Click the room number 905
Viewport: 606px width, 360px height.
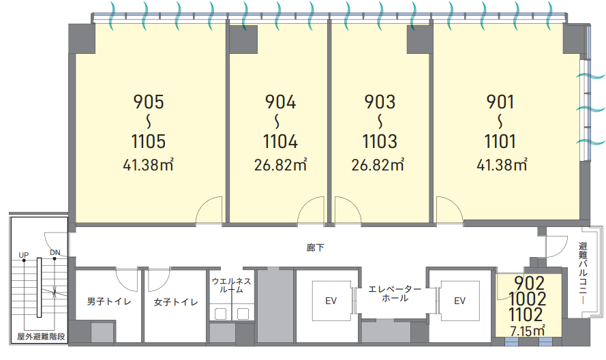[149, 102]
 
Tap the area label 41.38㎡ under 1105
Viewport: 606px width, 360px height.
[149, 165]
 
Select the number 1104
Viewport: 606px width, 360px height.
[281, 141]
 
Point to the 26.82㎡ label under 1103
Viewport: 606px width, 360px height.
[378, 165]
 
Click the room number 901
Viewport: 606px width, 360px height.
[500, 102]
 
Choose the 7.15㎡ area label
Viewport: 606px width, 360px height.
[528, 331]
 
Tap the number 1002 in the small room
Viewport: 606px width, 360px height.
[527, 299]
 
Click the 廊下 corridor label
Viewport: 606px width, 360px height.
[316, 248]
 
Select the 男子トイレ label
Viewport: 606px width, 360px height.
[109, 301]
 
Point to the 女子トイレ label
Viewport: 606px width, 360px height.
[176, 302]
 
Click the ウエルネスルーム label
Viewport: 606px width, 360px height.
[232, 286]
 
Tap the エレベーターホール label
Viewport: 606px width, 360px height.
[395, 293]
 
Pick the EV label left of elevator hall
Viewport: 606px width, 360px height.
[331, 301]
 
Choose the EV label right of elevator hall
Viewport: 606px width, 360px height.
[459, 301]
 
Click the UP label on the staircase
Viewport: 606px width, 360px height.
[24, 255]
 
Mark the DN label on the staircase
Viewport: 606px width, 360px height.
[55, 252]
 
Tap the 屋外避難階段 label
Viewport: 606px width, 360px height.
[41, 336]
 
